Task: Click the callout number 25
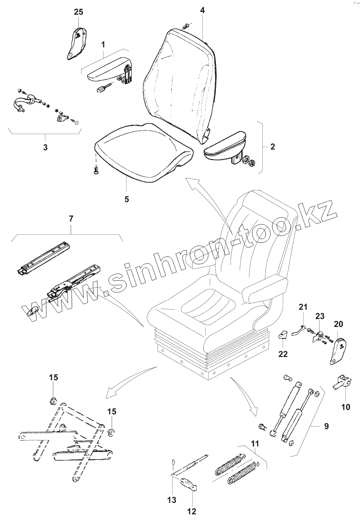point(78,12)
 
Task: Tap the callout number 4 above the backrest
point(202,10)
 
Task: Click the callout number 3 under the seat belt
point(45,147)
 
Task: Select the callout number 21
point(303,307)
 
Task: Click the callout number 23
point(320,316)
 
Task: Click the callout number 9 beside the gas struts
point(326,426)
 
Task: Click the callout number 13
point(172,499)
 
